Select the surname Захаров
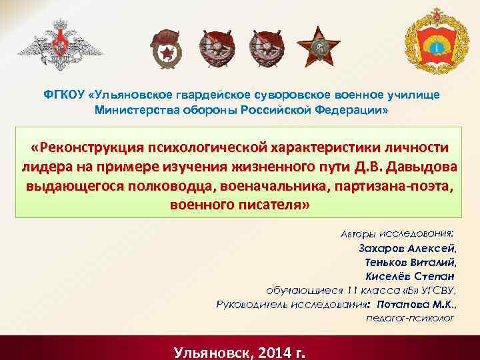383,248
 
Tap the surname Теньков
387,262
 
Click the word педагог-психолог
410,318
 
